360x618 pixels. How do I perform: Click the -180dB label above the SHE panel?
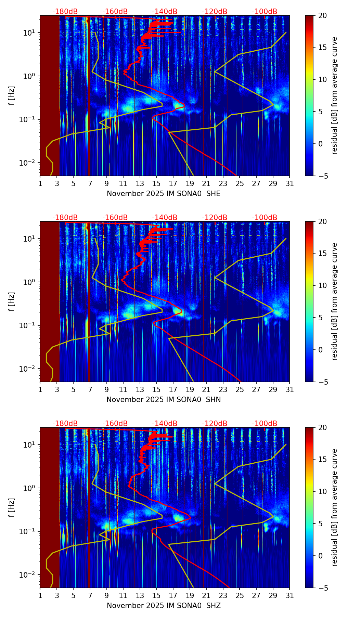65,12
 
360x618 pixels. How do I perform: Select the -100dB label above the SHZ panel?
265,424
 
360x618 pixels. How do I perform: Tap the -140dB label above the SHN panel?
165,218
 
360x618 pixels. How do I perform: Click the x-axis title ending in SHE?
164,194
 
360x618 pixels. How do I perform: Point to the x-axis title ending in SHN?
164,400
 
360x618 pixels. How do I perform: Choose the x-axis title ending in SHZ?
164,606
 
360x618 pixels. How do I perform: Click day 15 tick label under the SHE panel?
156,183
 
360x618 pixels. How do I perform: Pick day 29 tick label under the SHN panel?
273,389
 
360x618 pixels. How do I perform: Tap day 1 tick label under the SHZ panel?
40,595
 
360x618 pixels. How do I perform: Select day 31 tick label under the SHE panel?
290,183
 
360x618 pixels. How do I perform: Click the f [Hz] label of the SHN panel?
12,301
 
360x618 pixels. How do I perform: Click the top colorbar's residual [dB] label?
335,95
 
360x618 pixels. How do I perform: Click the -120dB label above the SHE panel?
215,12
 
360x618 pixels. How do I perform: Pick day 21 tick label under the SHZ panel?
206,595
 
